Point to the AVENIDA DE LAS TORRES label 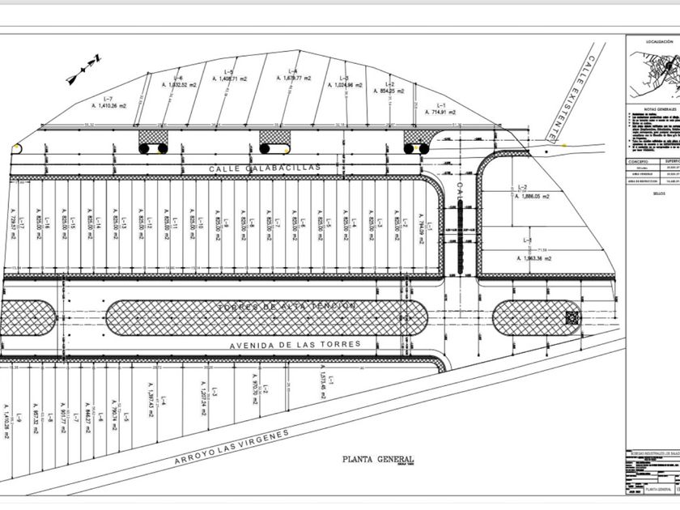click(294, 344)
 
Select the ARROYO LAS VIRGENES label click(232, 447)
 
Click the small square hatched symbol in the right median click(572, 318)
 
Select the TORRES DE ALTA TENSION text click(286, 306)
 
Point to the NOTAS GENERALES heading click(660, 108)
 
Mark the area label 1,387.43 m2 click(151, 402)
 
